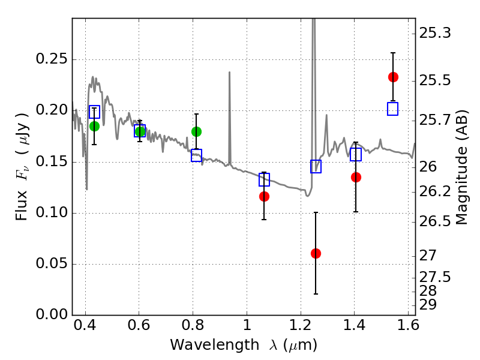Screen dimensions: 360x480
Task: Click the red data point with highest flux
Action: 393,77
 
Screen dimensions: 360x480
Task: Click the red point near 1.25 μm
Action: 316,253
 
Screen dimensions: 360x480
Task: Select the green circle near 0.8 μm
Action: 196,131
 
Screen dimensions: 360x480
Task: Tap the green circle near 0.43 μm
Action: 94,126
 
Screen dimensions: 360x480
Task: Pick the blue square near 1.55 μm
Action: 393,109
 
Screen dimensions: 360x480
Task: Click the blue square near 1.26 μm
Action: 316,167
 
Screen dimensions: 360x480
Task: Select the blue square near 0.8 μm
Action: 196,155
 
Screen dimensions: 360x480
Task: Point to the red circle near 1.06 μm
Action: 264,196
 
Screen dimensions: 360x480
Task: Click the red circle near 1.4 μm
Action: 356,177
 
